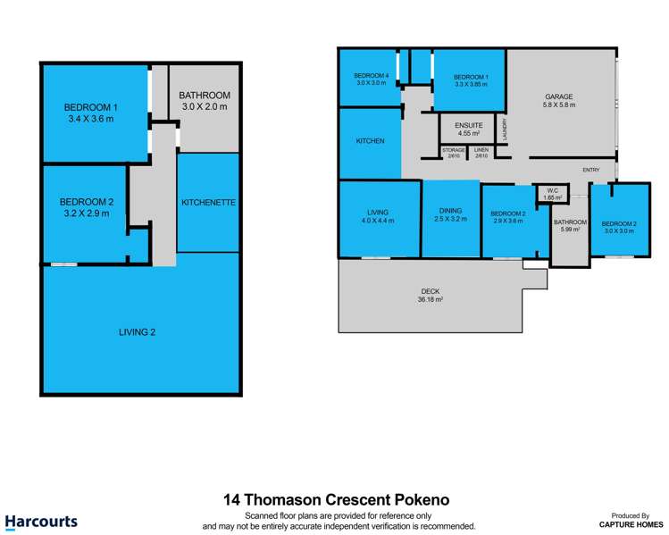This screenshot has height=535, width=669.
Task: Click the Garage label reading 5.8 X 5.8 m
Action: [x=560, y=101]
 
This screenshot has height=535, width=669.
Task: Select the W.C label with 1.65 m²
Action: [x=553, y=194]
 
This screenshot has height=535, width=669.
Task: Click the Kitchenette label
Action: [x=208, y=203]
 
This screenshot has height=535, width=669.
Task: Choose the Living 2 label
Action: [x=138, y=332]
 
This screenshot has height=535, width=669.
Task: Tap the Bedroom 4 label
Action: [x=372, y=79]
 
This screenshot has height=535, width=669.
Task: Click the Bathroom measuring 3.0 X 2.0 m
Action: [x=205, y=101]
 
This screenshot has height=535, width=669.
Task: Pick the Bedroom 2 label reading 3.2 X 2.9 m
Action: [x=85, y=207]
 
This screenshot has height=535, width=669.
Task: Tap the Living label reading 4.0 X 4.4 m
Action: [x=377, y=215]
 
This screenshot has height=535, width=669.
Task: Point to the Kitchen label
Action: [x=371, y=141]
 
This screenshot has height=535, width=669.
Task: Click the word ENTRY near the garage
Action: [x=590, y=170]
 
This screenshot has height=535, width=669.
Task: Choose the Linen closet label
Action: [x=481, y=154]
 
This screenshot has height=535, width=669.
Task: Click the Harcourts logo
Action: [x=41, y=522]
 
